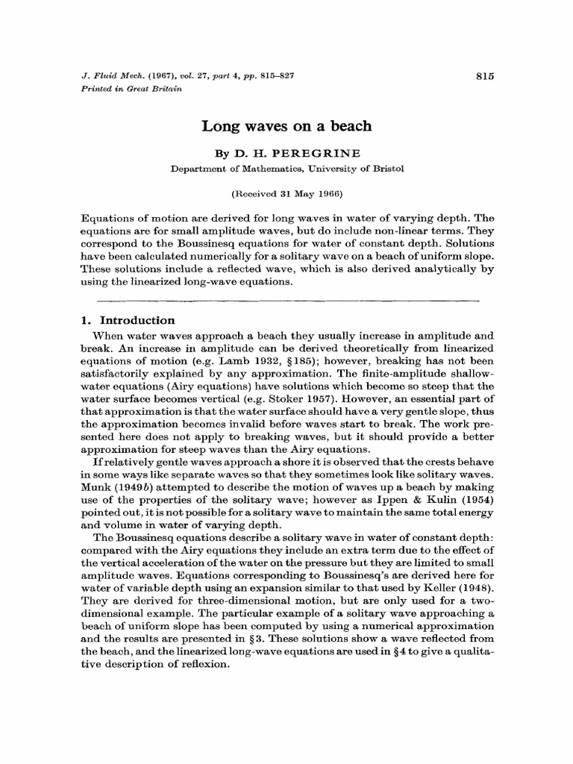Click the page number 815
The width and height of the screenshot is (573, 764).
click(x=485, y=76)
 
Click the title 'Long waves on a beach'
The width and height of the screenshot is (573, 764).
click(x=286, y=126)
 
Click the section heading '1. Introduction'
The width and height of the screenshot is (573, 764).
click(x=127, y=320)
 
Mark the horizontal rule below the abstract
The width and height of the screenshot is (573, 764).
click(x=286, y=300)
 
